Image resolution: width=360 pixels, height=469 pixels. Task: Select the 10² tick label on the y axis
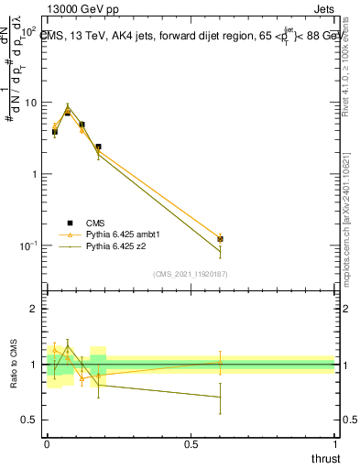[x=27, y=31]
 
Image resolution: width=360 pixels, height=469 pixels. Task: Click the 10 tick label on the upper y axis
[x=30, y=103]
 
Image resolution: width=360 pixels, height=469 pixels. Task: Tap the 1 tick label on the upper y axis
[x=33, y=174]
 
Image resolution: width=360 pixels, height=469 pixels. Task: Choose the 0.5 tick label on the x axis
[x=191, y=444]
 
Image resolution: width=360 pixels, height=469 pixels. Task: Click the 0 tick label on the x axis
[x=47, y=444]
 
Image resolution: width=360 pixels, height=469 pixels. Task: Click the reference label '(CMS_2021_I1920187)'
[x=191, y=274]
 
